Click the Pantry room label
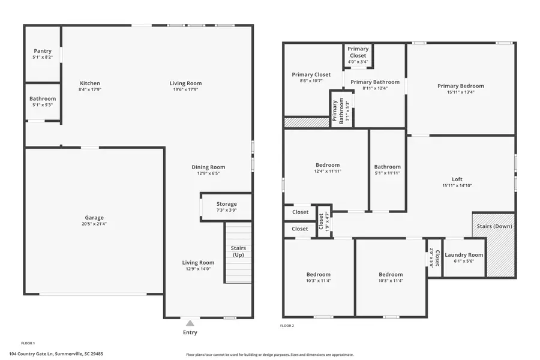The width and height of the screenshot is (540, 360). click(43, 51)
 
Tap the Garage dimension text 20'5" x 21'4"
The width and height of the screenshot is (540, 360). click(94, 224)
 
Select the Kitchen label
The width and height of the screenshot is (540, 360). click(90, 83)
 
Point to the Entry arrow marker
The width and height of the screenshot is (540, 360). click(190, 323)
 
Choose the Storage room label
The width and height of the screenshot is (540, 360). click(227, 204)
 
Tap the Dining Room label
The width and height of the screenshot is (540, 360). click(208, 167)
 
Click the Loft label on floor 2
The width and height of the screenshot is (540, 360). click(457, 179)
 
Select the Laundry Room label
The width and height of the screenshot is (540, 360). click(464, 255)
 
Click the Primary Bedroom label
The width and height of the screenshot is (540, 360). click(460, 86)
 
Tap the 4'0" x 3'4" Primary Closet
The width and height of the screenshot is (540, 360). click(358, 62)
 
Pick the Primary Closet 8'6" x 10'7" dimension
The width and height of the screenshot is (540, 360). click(311, 81)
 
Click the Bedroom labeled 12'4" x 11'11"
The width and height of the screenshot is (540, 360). click(328, 165)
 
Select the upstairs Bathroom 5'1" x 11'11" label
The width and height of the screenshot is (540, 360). click(387, 167)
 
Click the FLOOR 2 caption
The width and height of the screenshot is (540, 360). click(287, 326)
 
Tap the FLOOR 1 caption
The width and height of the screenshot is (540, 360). click(28, 343)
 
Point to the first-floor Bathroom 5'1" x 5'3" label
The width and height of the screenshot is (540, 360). click(43, 99)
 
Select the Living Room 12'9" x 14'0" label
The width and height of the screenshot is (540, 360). click(198, 262)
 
